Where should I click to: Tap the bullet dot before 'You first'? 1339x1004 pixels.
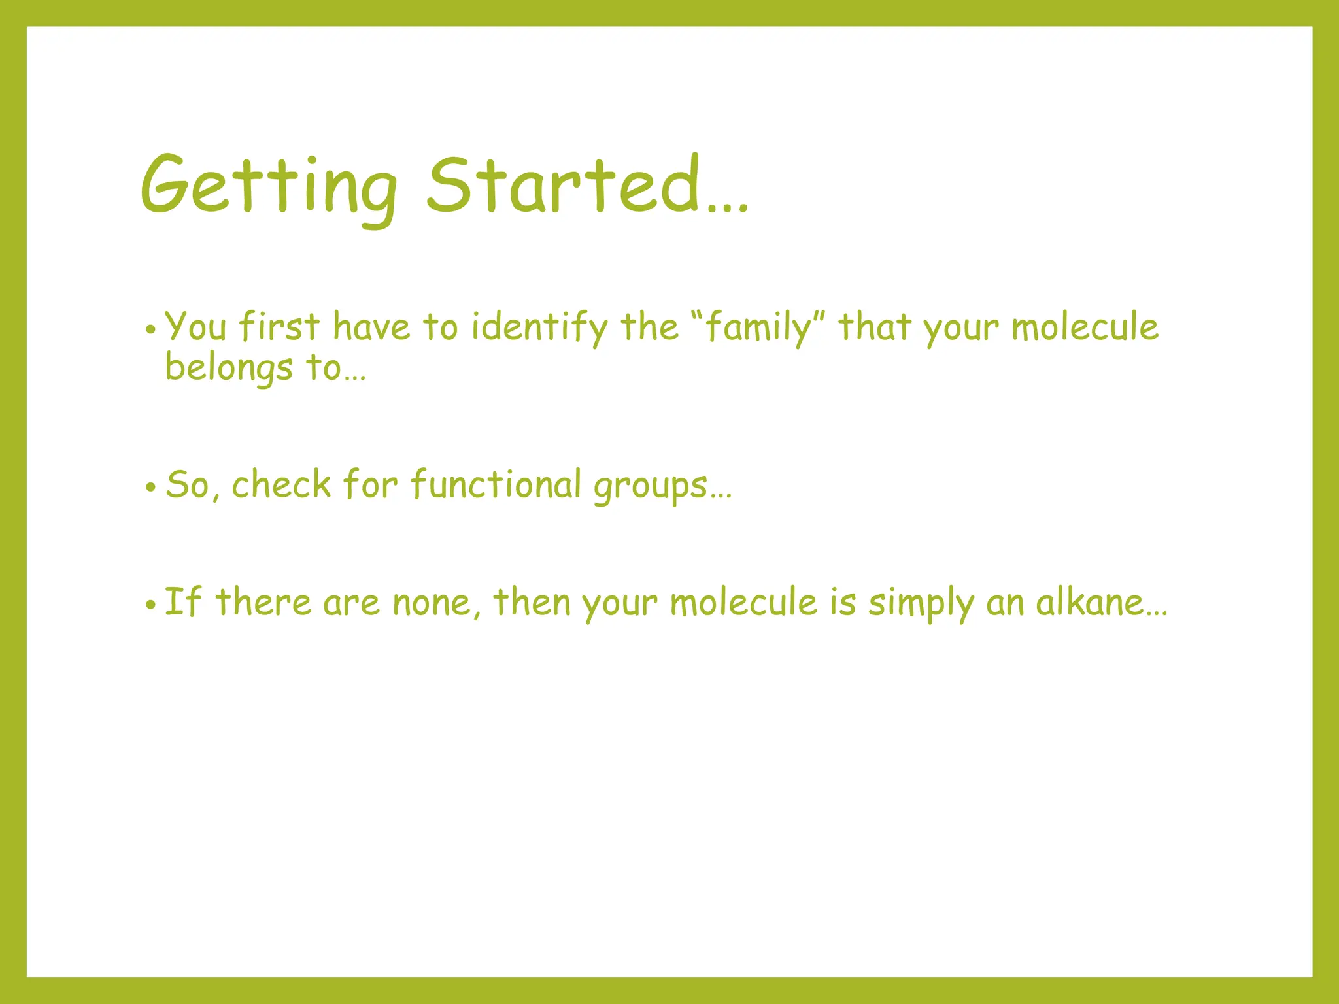tap(151, 330)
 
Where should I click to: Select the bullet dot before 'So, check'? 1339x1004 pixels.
tap(151, 488)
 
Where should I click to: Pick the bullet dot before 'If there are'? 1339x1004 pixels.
tap(151, 605)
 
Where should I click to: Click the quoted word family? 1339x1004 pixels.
tap(758, 327)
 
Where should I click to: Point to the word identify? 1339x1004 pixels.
tap(540, 327)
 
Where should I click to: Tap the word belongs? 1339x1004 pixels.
tap(228, 367)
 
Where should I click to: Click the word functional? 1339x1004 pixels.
tap(496, 485)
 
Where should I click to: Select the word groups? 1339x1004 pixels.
tap(651, 487)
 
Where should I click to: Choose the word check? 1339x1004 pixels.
tap(282, 485)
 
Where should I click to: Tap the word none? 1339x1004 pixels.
tap(432, 603)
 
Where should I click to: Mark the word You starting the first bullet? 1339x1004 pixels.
tap(195, 326)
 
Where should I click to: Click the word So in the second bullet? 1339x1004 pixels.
tap(186, 485)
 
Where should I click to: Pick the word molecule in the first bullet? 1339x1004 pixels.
tap(1085, 327)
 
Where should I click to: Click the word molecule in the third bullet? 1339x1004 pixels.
tap(743, 602)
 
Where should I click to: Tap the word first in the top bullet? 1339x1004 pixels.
tap(279, 326)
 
